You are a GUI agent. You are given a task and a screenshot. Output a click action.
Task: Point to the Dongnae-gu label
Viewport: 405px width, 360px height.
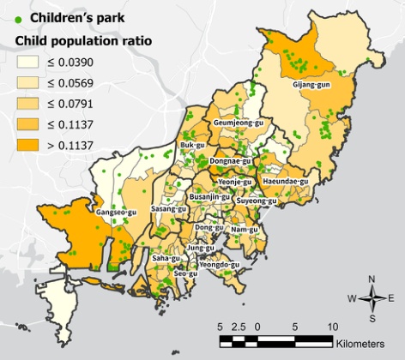[x=231, y=160]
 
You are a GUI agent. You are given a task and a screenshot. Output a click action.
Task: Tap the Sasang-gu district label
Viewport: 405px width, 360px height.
[x=168, y=208]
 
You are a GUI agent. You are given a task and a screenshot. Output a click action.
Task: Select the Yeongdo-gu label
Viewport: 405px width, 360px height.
[x=219, y=265]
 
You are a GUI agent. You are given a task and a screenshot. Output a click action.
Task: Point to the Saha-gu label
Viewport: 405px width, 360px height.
[x=166, y=257]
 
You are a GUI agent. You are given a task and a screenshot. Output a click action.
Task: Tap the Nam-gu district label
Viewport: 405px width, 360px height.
[x=245, y=229]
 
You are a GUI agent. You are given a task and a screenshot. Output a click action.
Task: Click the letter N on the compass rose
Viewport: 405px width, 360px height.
[x=372, y=279]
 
